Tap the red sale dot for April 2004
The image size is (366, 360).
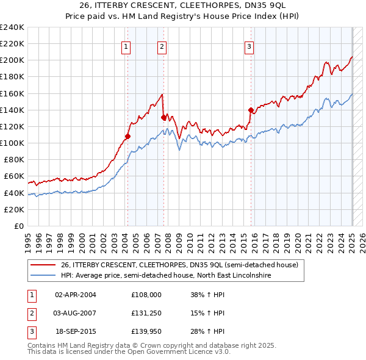point(127,136)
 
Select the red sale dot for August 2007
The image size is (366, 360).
point(163,117)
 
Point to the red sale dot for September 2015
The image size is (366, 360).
point(251,110)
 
